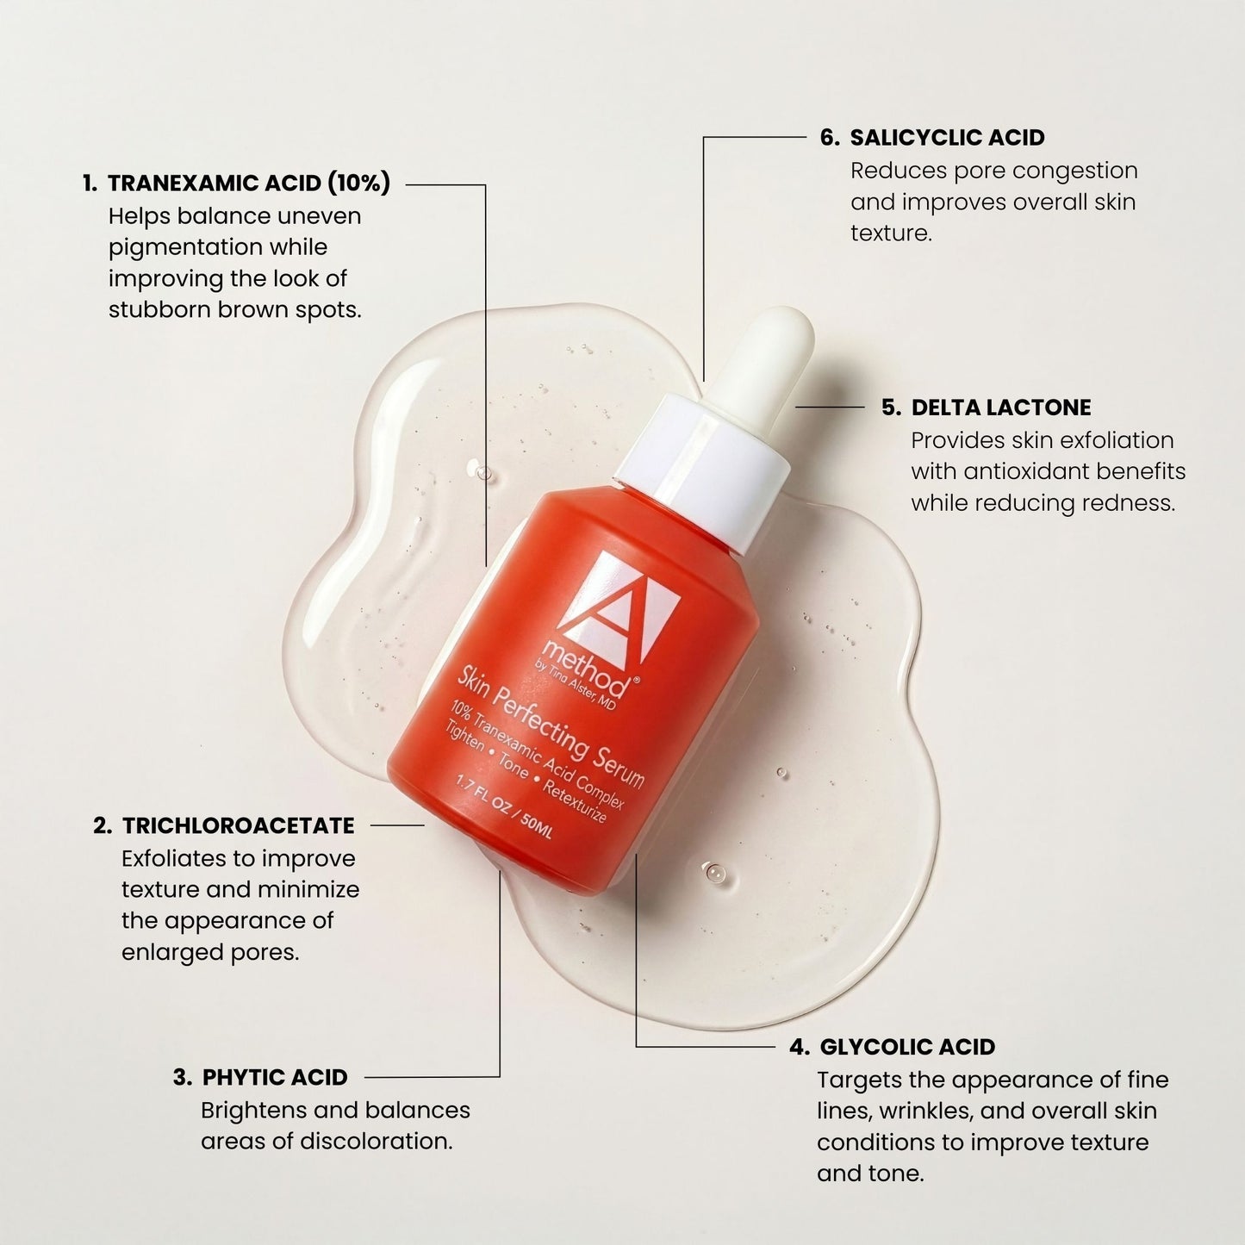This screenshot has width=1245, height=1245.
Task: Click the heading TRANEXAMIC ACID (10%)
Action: [249, 183]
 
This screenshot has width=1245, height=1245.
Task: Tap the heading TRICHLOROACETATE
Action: [239, 825]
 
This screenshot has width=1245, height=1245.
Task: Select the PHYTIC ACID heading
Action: [275, 1077]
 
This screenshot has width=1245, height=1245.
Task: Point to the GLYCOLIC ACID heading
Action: [907, 1047]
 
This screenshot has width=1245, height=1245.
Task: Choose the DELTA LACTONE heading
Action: [1001, 408]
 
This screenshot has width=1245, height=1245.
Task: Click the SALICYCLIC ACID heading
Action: [947, 138]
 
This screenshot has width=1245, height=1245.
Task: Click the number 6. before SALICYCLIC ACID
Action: [829, 138]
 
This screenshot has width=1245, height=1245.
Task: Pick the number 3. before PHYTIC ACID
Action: [182, 1077]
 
